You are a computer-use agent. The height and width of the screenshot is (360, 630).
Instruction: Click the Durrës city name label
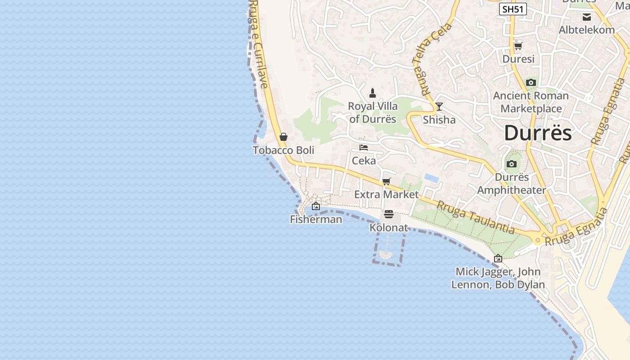538,133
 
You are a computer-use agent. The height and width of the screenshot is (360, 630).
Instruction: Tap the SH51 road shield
513,9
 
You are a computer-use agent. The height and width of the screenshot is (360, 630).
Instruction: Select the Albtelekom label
586,30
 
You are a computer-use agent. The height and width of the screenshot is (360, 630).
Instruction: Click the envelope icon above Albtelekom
587,17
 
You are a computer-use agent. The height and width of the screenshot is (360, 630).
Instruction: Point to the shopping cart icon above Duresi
518,46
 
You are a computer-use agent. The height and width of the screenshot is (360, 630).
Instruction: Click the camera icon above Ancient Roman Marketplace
531,83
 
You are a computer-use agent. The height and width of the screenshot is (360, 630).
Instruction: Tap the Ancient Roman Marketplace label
531,102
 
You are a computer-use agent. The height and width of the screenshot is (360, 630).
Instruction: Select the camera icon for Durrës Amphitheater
511,164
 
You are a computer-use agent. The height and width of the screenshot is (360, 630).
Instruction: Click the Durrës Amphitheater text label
511,184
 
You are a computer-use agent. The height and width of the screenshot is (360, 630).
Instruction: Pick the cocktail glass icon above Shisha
439,107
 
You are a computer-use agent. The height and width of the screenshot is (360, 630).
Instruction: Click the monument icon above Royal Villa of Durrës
373,93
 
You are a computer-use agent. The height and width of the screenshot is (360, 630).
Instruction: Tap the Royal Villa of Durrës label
373,112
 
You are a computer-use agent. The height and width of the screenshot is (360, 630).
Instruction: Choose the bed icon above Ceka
364,148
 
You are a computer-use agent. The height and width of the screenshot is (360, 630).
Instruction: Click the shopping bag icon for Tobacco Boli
283,137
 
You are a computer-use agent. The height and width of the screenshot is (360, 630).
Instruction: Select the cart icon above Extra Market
386,182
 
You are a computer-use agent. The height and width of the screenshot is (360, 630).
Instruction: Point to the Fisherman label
316,220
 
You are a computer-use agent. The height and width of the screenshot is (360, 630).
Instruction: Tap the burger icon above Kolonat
389,214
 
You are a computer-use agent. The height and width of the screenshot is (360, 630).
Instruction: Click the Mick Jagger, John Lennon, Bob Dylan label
498,278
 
